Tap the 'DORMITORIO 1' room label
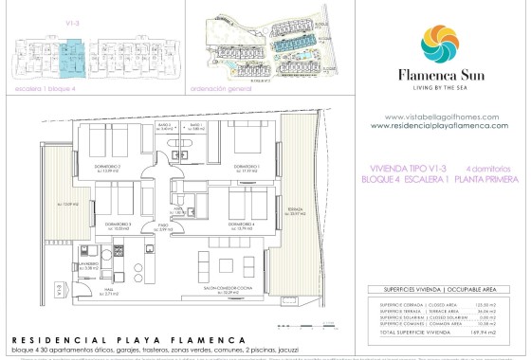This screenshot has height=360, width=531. pyautogui.click(x=247, y=167)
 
